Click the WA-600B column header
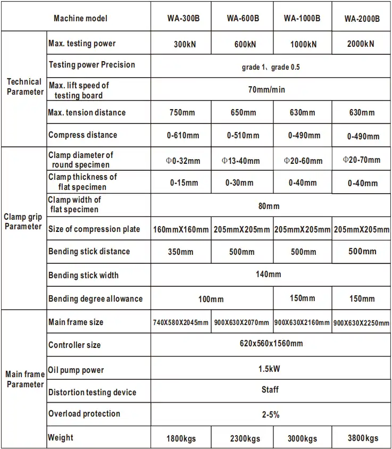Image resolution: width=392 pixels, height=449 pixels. click(243, 19)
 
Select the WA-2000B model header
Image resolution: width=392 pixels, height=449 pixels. click(362, 19)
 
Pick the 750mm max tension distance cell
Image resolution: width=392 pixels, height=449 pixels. click(181, 113)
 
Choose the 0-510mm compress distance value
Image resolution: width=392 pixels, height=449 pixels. click(243, 136)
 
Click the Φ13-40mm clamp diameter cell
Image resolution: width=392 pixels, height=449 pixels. click(241, 161)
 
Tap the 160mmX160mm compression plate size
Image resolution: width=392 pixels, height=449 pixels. click(181, 230)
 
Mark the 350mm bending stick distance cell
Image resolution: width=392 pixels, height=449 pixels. click(181, 252)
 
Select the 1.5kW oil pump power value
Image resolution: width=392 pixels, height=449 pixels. click(270, 367)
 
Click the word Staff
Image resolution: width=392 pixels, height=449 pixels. click(270, 389)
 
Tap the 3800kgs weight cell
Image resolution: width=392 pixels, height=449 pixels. click(362, 438)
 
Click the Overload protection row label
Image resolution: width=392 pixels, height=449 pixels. click(84, 414)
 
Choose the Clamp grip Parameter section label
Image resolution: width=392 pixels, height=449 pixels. click(22, 221)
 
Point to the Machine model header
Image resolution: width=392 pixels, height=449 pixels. click(80, 19)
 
